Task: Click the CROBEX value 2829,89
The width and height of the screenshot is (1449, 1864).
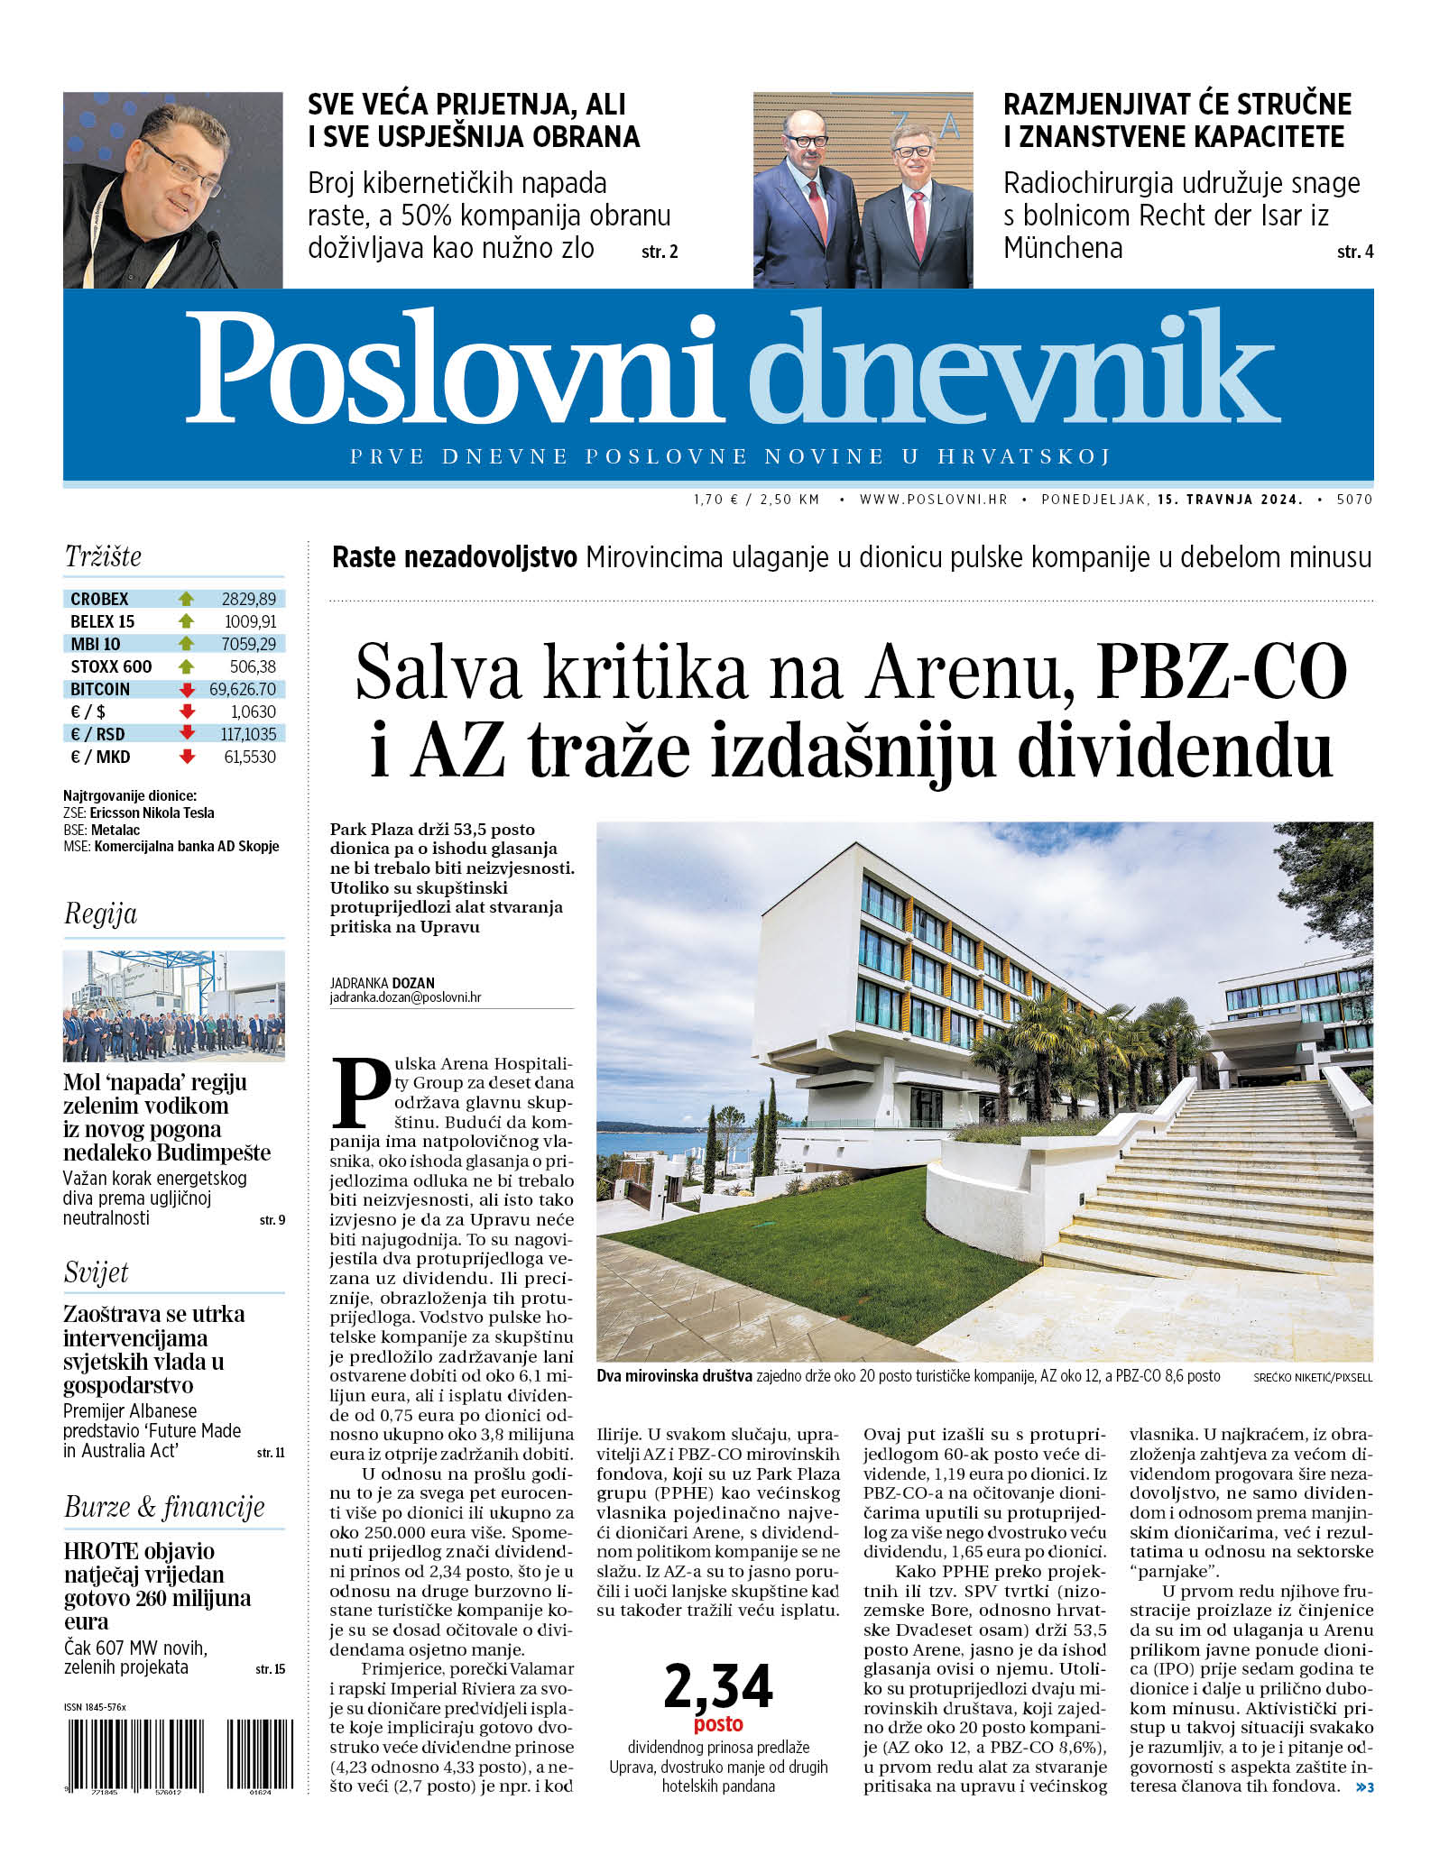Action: tap(249, 599)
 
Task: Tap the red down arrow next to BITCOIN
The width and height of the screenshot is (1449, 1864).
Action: tap(188, 690)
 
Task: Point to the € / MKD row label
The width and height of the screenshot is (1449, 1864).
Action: tap(100, 758)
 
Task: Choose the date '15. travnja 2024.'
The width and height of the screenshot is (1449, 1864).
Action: tap(1231, 499)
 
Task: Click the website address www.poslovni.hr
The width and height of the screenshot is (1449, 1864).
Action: tap(933, 499)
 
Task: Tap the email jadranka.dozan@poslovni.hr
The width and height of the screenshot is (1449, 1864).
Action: tap(405, 998)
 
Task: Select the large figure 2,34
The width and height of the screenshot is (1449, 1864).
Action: tap(718, 1686)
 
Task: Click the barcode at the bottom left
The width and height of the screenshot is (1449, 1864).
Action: tap(179, 1754)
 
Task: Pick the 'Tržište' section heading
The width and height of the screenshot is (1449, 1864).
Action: tap(103, 556)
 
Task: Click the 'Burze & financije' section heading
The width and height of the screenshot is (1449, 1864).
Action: tap(164, 1507)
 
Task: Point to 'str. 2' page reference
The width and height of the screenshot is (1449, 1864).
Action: tap(660, 253)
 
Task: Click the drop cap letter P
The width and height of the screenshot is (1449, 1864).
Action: tap(360, 1092)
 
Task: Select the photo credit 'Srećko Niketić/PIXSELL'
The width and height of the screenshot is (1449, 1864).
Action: tap(1313, 1377)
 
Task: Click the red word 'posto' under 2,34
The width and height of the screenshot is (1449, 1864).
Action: tap(718, 1724)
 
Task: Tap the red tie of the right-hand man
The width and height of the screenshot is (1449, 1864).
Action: tap(918, 221)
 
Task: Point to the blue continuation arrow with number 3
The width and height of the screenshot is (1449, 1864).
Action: tap(1364, 1787)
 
